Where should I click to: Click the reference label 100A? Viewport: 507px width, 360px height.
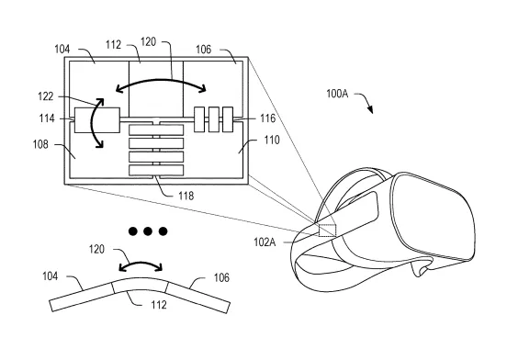337,94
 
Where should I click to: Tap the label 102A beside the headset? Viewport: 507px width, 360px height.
265,242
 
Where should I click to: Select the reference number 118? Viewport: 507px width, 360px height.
186,196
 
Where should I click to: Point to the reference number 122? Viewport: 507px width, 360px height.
46,96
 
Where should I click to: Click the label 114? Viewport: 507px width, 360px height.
47,118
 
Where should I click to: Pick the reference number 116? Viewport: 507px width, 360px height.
267,118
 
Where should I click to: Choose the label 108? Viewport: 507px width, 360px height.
40,144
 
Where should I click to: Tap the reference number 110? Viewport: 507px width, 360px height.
272,140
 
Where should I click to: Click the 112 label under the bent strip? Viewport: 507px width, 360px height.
159,304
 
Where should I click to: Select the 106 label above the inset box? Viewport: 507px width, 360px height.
203,50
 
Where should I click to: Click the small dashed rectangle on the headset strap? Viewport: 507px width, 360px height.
327,231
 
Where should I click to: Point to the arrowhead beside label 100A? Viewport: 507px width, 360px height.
370,109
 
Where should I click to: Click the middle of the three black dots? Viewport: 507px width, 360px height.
148,231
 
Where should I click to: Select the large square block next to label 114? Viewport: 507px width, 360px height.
97,120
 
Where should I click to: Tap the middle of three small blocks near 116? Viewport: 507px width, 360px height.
214,119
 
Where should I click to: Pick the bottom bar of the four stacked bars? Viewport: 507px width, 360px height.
156,170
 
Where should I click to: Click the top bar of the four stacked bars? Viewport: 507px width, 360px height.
156,129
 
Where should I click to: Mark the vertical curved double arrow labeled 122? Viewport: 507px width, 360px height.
93,123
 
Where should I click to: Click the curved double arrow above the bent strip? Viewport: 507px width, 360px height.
141,262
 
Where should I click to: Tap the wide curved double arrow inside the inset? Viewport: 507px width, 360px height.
161,80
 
